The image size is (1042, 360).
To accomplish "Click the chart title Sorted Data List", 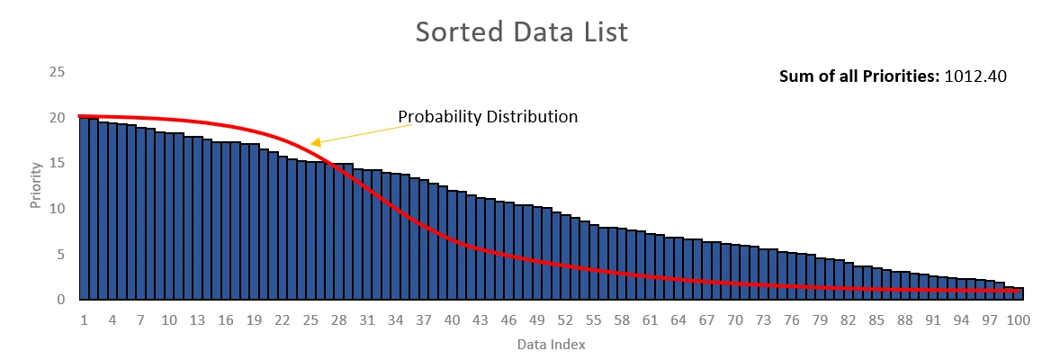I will click(521, 31).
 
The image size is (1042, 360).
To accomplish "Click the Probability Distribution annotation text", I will click(488, 117).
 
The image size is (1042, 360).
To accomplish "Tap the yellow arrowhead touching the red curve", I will click(315, 141).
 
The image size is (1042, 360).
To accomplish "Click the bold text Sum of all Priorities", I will click(859, 76).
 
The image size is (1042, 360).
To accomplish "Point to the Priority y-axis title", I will click(36, 185).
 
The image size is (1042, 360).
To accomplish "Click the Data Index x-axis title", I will click(550, 344).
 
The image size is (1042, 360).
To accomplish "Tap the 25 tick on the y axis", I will click(57, 71).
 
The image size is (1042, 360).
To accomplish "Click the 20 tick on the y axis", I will click(57, 117).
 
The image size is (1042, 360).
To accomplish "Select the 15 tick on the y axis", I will click(57, 163).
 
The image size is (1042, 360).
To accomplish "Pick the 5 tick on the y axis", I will click(59, 254).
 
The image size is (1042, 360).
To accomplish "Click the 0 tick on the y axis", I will click(59, 300).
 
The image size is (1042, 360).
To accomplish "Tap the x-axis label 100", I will click(1019, 319).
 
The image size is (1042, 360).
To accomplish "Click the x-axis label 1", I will click(84, 319).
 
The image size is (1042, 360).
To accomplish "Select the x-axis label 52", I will click(565, 319).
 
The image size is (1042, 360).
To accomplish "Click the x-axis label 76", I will click(792, 319).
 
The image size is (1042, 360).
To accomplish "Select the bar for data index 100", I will click(1019, 294).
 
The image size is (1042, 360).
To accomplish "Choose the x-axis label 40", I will click(452, 319).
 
